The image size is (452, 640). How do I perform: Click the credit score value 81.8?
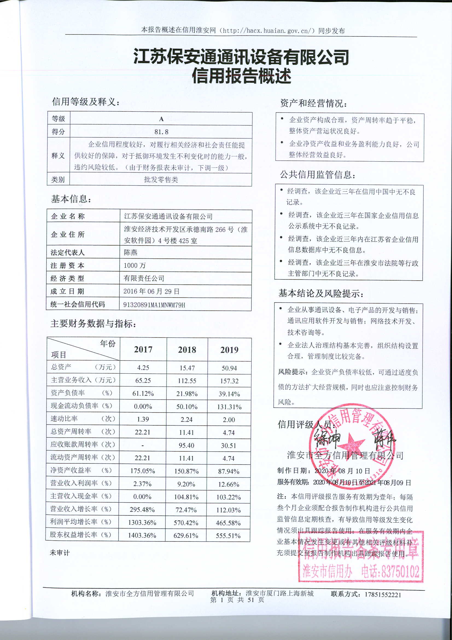[x=161, y=132]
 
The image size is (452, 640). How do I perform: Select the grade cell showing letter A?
[x=161, y=119]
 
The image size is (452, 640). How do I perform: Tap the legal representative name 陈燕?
[x=131, y=253]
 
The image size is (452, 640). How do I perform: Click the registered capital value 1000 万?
[x=135, y=265]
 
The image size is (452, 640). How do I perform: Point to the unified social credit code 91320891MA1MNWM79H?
[x=154, y=305]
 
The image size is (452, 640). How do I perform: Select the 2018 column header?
[x=187, y=350]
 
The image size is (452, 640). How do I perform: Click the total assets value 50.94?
[x=229, y=368]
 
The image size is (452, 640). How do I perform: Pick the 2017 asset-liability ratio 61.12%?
[x=143, y=394]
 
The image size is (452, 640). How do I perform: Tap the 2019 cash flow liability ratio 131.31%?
[x=229, y=407]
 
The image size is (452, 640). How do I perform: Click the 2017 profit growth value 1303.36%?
[x=142, y=523]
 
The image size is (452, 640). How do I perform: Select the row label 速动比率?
[x=64, y=419]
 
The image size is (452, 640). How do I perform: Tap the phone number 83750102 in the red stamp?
[x=400, y=571]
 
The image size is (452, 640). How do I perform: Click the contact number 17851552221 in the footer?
[x=383, y=595]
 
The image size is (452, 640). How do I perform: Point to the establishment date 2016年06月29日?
[x=151, y=292]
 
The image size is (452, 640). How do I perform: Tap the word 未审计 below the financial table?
[x=60, y=553]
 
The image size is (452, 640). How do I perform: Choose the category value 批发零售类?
[x=161, y=180]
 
